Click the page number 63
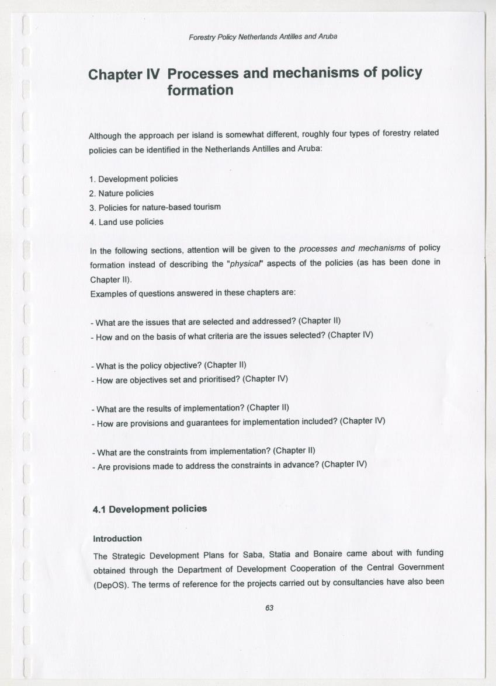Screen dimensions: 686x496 pyautogui.click(x=269, y=608)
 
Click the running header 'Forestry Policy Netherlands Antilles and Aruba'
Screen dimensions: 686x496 pyautogui.click(x=263, y=37)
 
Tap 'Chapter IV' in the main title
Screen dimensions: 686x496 pyautogui.click(x=123, y=75)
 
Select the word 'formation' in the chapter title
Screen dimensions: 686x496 pyautogui.click(x=200, y=90)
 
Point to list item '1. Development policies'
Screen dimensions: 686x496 pyautogui.click(x=134, y=179)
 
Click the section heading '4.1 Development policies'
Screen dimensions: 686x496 pyautogui.click(x=150, y=509)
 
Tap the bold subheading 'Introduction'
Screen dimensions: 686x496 pyautogui.click(x=117, y=538)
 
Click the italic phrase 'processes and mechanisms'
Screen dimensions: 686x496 pyautogui.click(x=352, y=249)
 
